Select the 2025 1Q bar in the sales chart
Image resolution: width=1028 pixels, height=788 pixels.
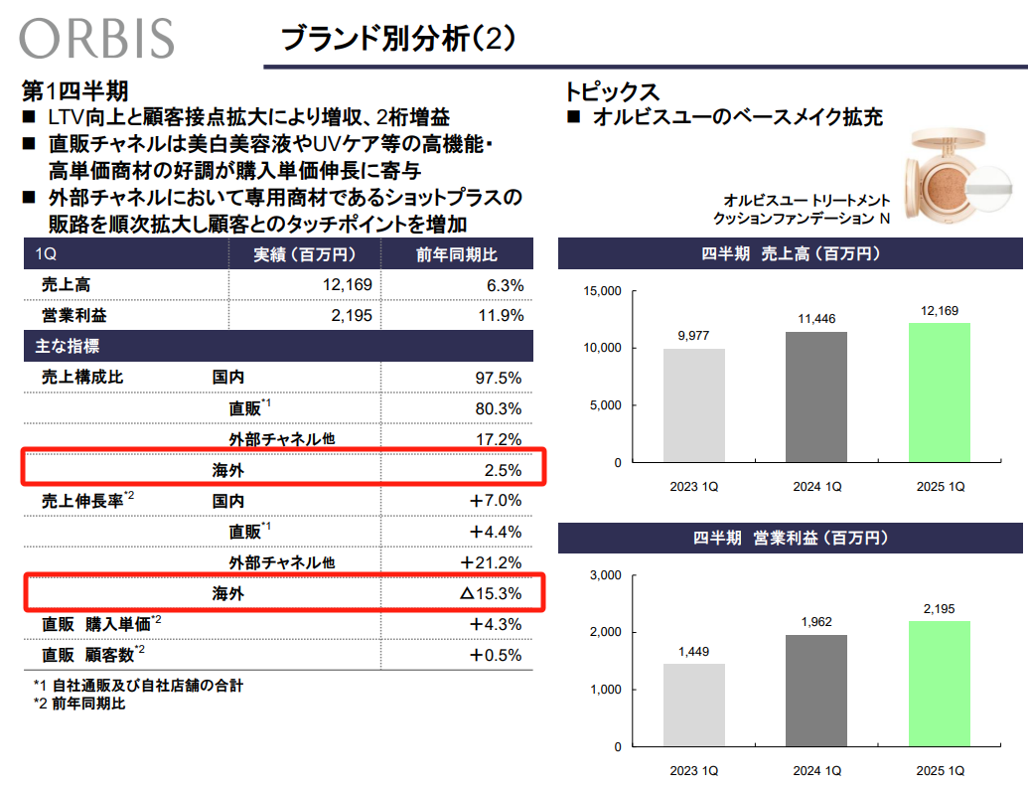tap(939, 393)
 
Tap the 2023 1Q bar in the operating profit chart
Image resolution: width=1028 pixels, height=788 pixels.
tap(694, 705)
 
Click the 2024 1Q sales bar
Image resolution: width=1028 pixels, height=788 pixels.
tap(816, 396)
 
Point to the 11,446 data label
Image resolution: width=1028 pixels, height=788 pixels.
tap(816, 319)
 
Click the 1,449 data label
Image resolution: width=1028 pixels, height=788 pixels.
tap(694, 651)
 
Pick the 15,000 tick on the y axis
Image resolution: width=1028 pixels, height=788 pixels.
tap(602, 291)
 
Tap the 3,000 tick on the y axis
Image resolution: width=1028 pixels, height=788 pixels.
tap(605, 575)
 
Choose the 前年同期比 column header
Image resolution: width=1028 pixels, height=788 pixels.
tap(457, 254)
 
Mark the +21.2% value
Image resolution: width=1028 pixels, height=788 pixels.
tap(492, 562)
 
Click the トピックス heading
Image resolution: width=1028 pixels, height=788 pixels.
tap(612, 91)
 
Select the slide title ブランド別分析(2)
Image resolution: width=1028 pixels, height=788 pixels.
tap(397, 39)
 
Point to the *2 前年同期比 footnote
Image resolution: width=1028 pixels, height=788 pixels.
tap(79, 704)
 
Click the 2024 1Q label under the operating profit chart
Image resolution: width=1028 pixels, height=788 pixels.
tap(816, 771)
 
